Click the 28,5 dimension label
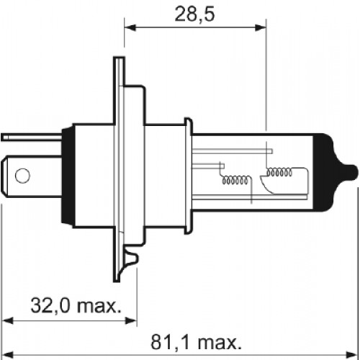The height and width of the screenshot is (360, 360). tap(194, 14)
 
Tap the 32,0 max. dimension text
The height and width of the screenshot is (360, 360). tap(76, 305)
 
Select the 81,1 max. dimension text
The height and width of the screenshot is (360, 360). tap(196, 342)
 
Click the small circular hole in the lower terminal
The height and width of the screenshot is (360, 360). tap(22, 175)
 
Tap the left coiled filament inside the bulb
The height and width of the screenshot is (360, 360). tap(235, 180)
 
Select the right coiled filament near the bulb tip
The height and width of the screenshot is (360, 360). tap(279, 172)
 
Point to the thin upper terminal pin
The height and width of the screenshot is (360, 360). tap(31, 137)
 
